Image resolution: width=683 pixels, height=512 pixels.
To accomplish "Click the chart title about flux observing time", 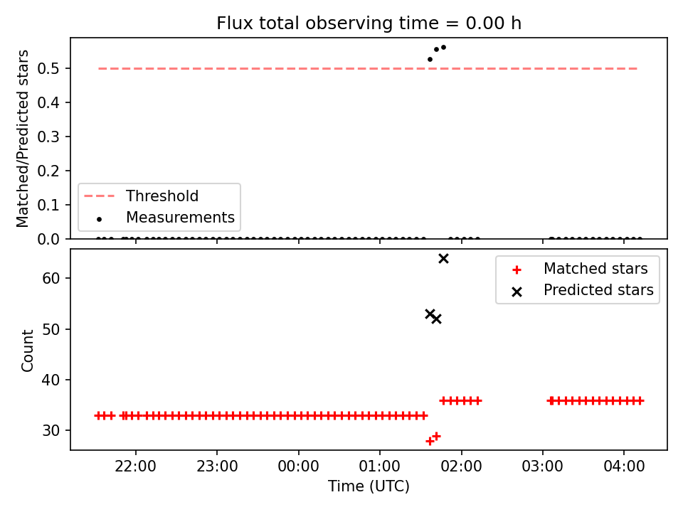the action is (369, 23).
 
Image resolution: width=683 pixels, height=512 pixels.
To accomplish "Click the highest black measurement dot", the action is (443, 48).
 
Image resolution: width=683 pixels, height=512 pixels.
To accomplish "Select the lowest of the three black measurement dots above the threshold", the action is (430, 59).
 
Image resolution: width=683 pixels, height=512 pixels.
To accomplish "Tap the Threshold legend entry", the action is (141, 196).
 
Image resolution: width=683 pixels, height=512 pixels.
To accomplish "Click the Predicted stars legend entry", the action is (583, 290).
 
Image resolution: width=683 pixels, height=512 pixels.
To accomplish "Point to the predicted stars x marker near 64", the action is (443, 259).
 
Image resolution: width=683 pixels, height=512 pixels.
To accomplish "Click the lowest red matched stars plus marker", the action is (430, 441).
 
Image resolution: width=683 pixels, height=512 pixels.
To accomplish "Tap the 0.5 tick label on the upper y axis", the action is (48, 68).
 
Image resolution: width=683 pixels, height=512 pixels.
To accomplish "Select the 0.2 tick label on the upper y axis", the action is (48, 171).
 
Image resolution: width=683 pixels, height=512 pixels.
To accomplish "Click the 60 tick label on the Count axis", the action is (51, 278).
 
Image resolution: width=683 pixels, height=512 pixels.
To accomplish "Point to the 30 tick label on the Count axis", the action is (51, 430).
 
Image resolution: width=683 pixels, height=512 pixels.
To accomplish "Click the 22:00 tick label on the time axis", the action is (135, 466).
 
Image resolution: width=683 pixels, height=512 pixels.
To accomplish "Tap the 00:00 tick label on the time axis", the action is (298, 466).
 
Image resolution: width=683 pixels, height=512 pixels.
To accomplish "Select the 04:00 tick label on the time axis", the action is (624, 466).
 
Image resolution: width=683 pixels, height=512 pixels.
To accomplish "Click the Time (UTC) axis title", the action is (369, 486).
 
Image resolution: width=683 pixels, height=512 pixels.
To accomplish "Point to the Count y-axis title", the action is (27, 351).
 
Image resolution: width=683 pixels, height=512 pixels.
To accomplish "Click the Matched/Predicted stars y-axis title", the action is (22, 139).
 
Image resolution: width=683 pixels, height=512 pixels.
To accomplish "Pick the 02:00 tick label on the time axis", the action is (461, 466).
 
